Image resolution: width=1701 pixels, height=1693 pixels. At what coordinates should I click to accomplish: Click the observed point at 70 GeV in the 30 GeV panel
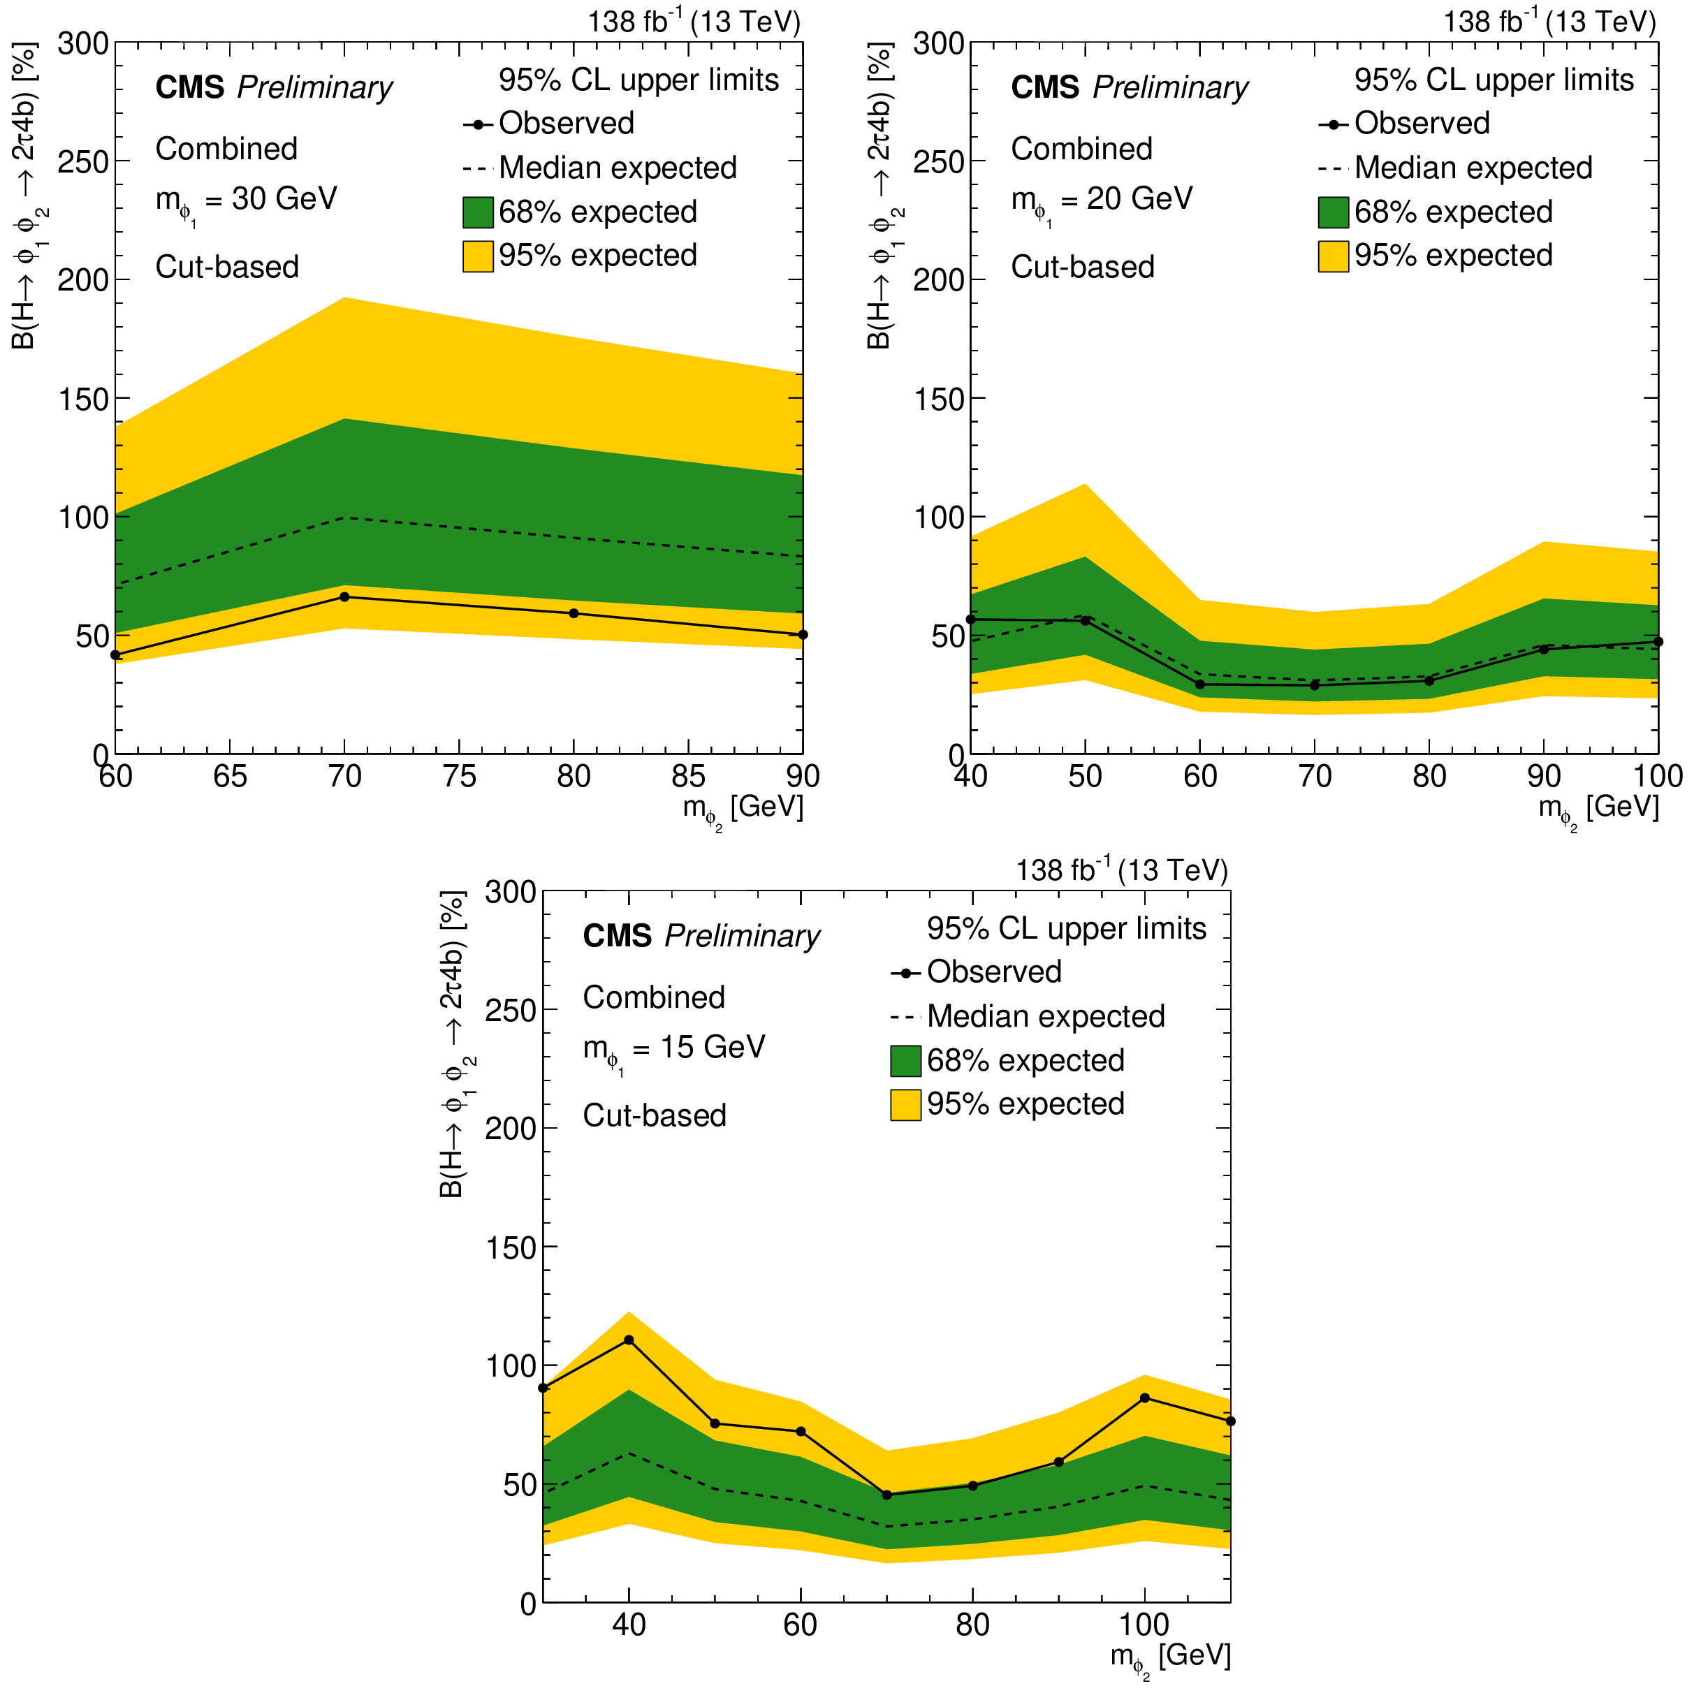click(x=344, y=597)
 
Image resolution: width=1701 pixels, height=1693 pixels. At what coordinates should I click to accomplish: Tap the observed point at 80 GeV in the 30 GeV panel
click(x=574, y=613)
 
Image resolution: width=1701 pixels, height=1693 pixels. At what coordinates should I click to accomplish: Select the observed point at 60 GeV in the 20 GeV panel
click(x=1200, y=684)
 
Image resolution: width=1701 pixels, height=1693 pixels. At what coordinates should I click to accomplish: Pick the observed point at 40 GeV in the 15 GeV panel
click(x=629, y=1340)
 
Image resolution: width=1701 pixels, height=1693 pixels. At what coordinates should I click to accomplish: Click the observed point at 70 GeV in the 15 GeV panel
click(x=886, y=1495)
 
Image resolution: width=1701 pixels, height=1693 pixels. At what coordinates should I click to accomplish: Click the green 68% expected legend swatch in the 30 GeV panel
click(x=477, y=212)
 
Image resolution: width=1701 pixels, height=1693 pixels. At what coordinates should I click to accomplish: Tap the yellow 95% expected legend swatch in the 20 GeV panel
click(x=1333, y=256)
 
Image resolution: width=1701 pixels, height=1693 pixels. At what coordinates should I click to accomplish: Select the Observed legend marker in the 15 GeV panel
click(x=905, y=973)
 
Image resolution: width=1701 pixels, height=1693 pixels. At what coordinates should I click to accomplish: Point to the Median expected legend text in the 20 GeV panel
click(x=1473, y=168)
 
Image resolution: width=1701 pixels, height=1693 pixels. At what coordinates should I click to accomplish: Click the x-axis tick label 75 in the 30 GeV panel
click(x=459, y=777)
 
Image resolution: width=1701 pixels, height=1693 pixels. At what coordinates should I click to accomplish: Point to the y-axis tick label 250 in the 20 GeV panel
click(x=939, y=161)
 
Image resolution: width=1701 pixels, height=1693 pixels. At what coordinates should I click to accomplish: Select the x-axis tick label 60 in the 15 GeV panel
click(x=801, y=1625)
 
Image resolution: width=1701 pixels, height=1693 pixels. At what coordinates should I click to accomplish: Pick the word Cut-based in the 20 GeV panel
click(x=1082, y=267)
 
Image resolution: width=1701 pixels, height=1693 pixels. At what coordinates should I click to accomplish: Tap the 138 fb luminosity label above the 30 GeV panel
click(x=694, y=21)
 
